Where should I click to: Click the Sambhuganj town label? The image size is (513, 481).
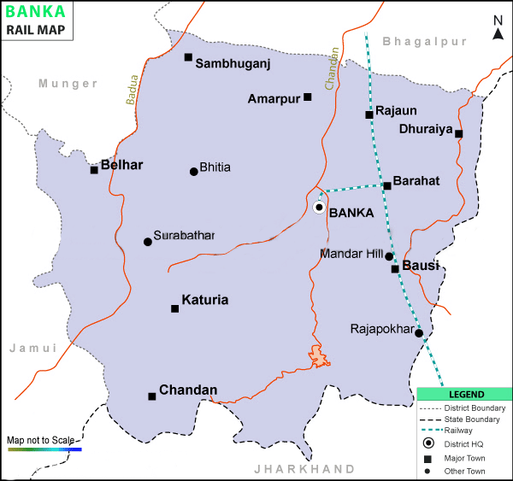(x=233, y=63)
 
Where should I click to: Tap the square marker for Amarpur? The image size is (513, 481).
(x=308, y=97)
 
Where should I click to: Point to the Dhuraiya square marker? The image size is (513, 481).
(x=459, y=133)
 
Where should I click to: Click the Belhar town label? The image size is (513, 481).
(x=121, y=164)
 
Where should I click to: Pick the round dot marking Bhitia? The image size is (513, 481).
(x=194, y=172)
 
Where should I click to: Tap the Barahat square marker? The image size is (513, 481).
(x=387, y=185)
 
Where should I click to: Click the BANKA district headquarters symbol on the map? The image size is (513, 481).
(x=319, y=208)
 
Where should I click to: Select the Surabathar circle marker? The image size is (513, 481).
(x=148, y=242)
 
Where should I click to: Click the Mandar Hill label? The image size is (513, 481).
(x=351, y=254)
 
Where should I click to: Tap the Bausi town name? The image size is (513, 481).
(x=421, y=267)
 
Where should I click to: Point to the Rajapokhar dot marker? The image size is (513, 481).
(x=419, y=333)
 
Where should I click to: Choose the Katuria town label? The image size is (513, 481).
(x=205, y=301)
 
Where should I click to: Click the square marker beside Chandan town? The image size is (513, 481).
(x=152, y=396)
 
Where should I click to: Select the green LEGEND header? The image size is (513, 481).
(x=465, y=395)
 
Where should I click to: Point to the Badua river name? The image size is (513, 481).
(x=132, y=92)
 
